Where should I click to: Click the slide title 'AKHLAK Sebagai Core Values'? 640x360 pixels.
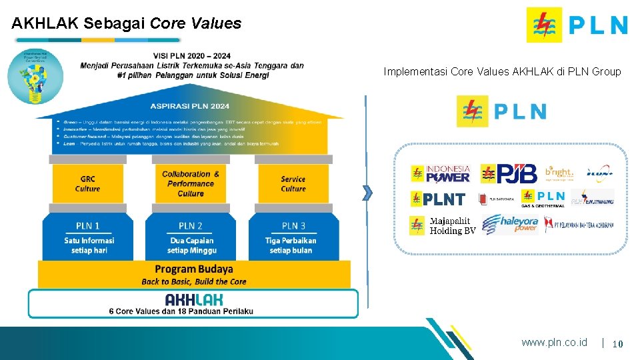tap(126, 23)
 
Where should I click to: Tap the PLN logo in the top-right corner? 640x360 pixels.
tap(577, 25)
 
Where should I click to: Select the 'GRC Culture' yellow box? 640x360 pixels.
tap(87, 183)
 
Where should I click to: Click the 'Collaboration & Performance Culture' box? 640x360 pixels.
tap(191, 183)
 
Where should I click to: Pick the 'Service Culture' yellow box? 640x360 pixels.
tap(293, 183)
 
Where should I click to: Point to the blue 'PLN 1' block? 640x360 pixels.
tap(89, 237)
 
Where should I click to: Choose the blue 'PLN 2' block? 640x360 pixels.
tap(191, 237)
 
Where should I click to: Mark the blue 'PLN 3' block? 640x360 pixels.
tap(293, 237)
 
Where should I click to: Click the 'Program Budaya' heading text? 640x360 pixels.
tap(194, 269)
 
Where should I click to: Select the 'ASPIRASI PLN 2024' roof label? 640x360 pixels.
tap(189, 106)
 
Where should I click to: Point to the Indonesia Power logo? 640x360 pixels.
tap(441, 173)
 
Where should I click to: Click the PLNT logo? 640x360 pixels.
tap(438, 199)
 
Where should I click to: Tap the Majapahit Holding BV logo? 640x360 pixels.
tap(443, 225)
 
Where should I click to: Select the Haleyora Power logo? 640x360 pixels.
tap(510, 225)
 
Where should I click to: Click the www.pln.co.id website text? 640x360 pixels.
tap(554, 342)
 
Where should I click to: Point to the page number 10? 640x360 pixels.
tap(617, 343)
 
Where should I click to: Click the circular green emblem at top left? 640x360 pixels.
tap(31, 77)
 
